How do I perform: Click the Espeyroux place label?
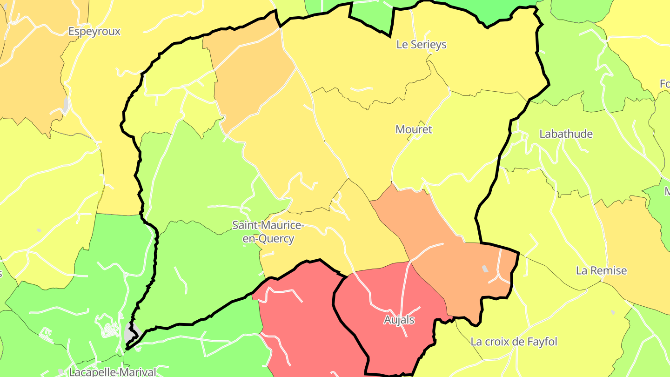click(94, 32)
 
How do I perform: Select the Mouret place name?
click(414, 130)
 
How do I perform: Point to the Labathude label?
click(566, 134)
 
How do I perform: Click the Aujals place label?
click(399, 320)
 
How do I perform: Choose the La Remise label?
click(601, 271)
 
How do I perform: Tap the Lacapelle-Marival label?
click(112, 372)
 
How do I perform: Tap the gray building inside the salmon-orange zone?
click(485, 269)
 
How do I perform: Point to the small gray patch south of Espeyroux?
click(67, 104)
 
